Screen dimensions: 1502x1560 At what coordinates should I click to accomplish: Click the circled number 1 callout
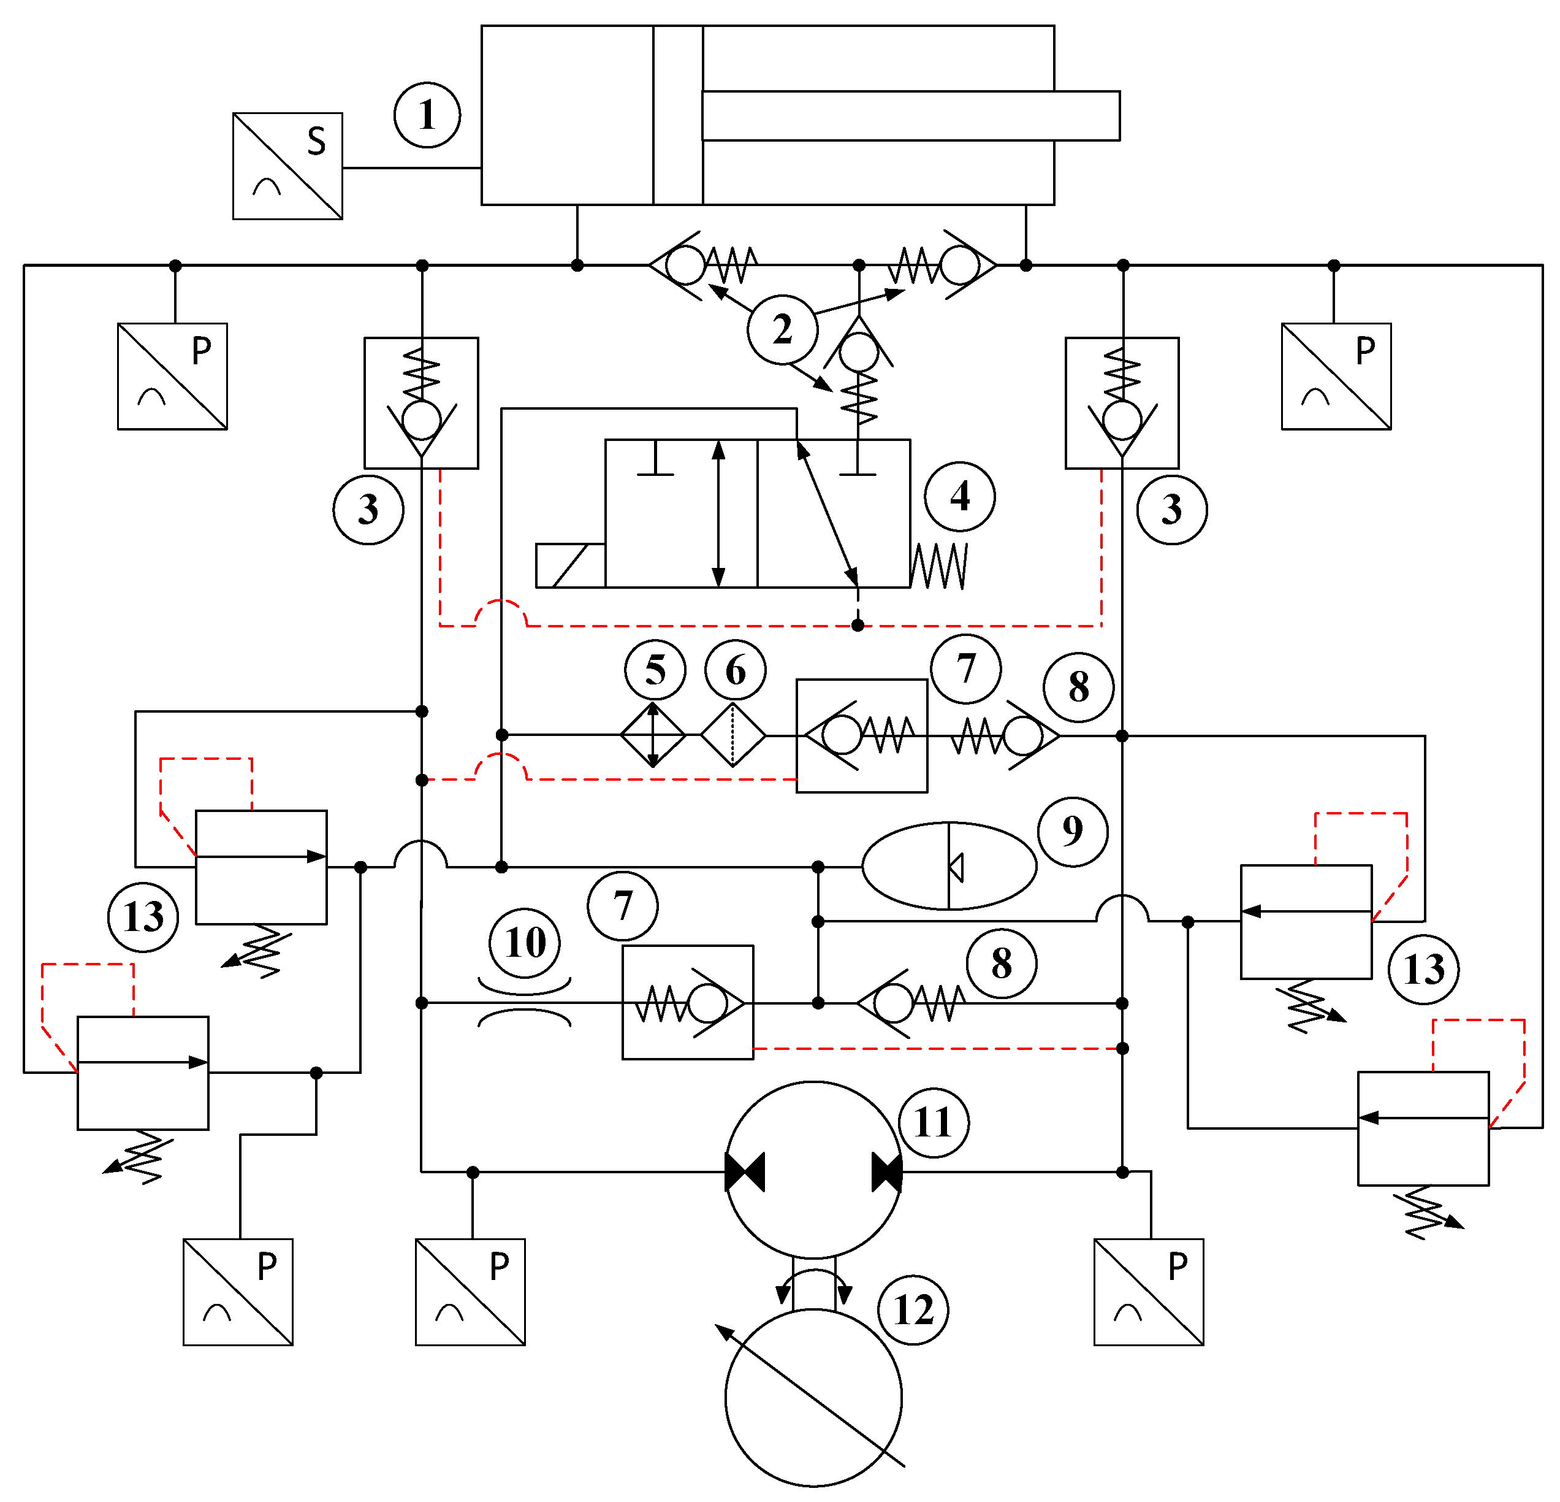(x=427, y=115)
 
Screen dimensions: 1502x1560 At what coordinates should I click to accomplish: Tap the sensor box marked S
(x=287, y=166)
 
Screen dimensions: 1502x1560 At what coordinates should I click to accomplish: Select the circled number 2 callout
(x=782, y=329)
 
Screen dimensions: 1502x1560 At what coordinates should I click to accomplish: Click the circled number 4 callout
(x=959, y=496)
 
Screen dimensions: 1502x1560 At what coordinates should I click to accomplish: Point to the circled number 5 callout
(x=655, y=670)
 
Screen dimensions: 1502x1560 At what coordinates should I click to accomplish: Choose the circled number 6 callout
(x=736, y=670)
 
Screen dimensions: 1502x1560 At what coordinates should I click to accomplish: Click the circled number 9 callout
(x=1073, y=830)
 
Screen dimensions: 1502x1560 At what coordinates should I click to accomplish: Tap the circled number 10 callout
(x=525, y=942)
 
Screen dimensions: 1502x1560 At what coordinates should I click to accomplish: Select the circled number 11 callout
(x=934, y=1122)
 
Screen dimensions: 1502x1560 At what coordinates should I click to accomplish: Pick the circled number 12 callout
(x=913, y=1310)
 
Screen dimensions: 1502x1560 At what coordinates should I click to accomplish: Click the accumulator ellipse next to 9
(x=949, y=865)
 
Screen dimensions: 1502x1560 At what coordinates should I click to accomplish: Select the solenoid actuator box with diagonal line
(x=570, y=565)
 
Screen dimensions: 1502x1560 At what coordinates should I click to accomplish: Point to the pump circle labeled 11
(x=813, y=1170)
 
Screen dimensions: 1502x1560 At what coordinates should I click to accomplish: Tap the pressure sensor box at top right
(x=1336, y=376)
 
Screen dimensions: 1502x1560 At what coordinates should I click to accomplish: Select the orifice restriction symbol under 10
(x=525, y=1003)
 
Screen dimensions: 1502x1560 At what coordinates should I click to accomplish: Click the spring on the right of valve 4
(x=939, y=565)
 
